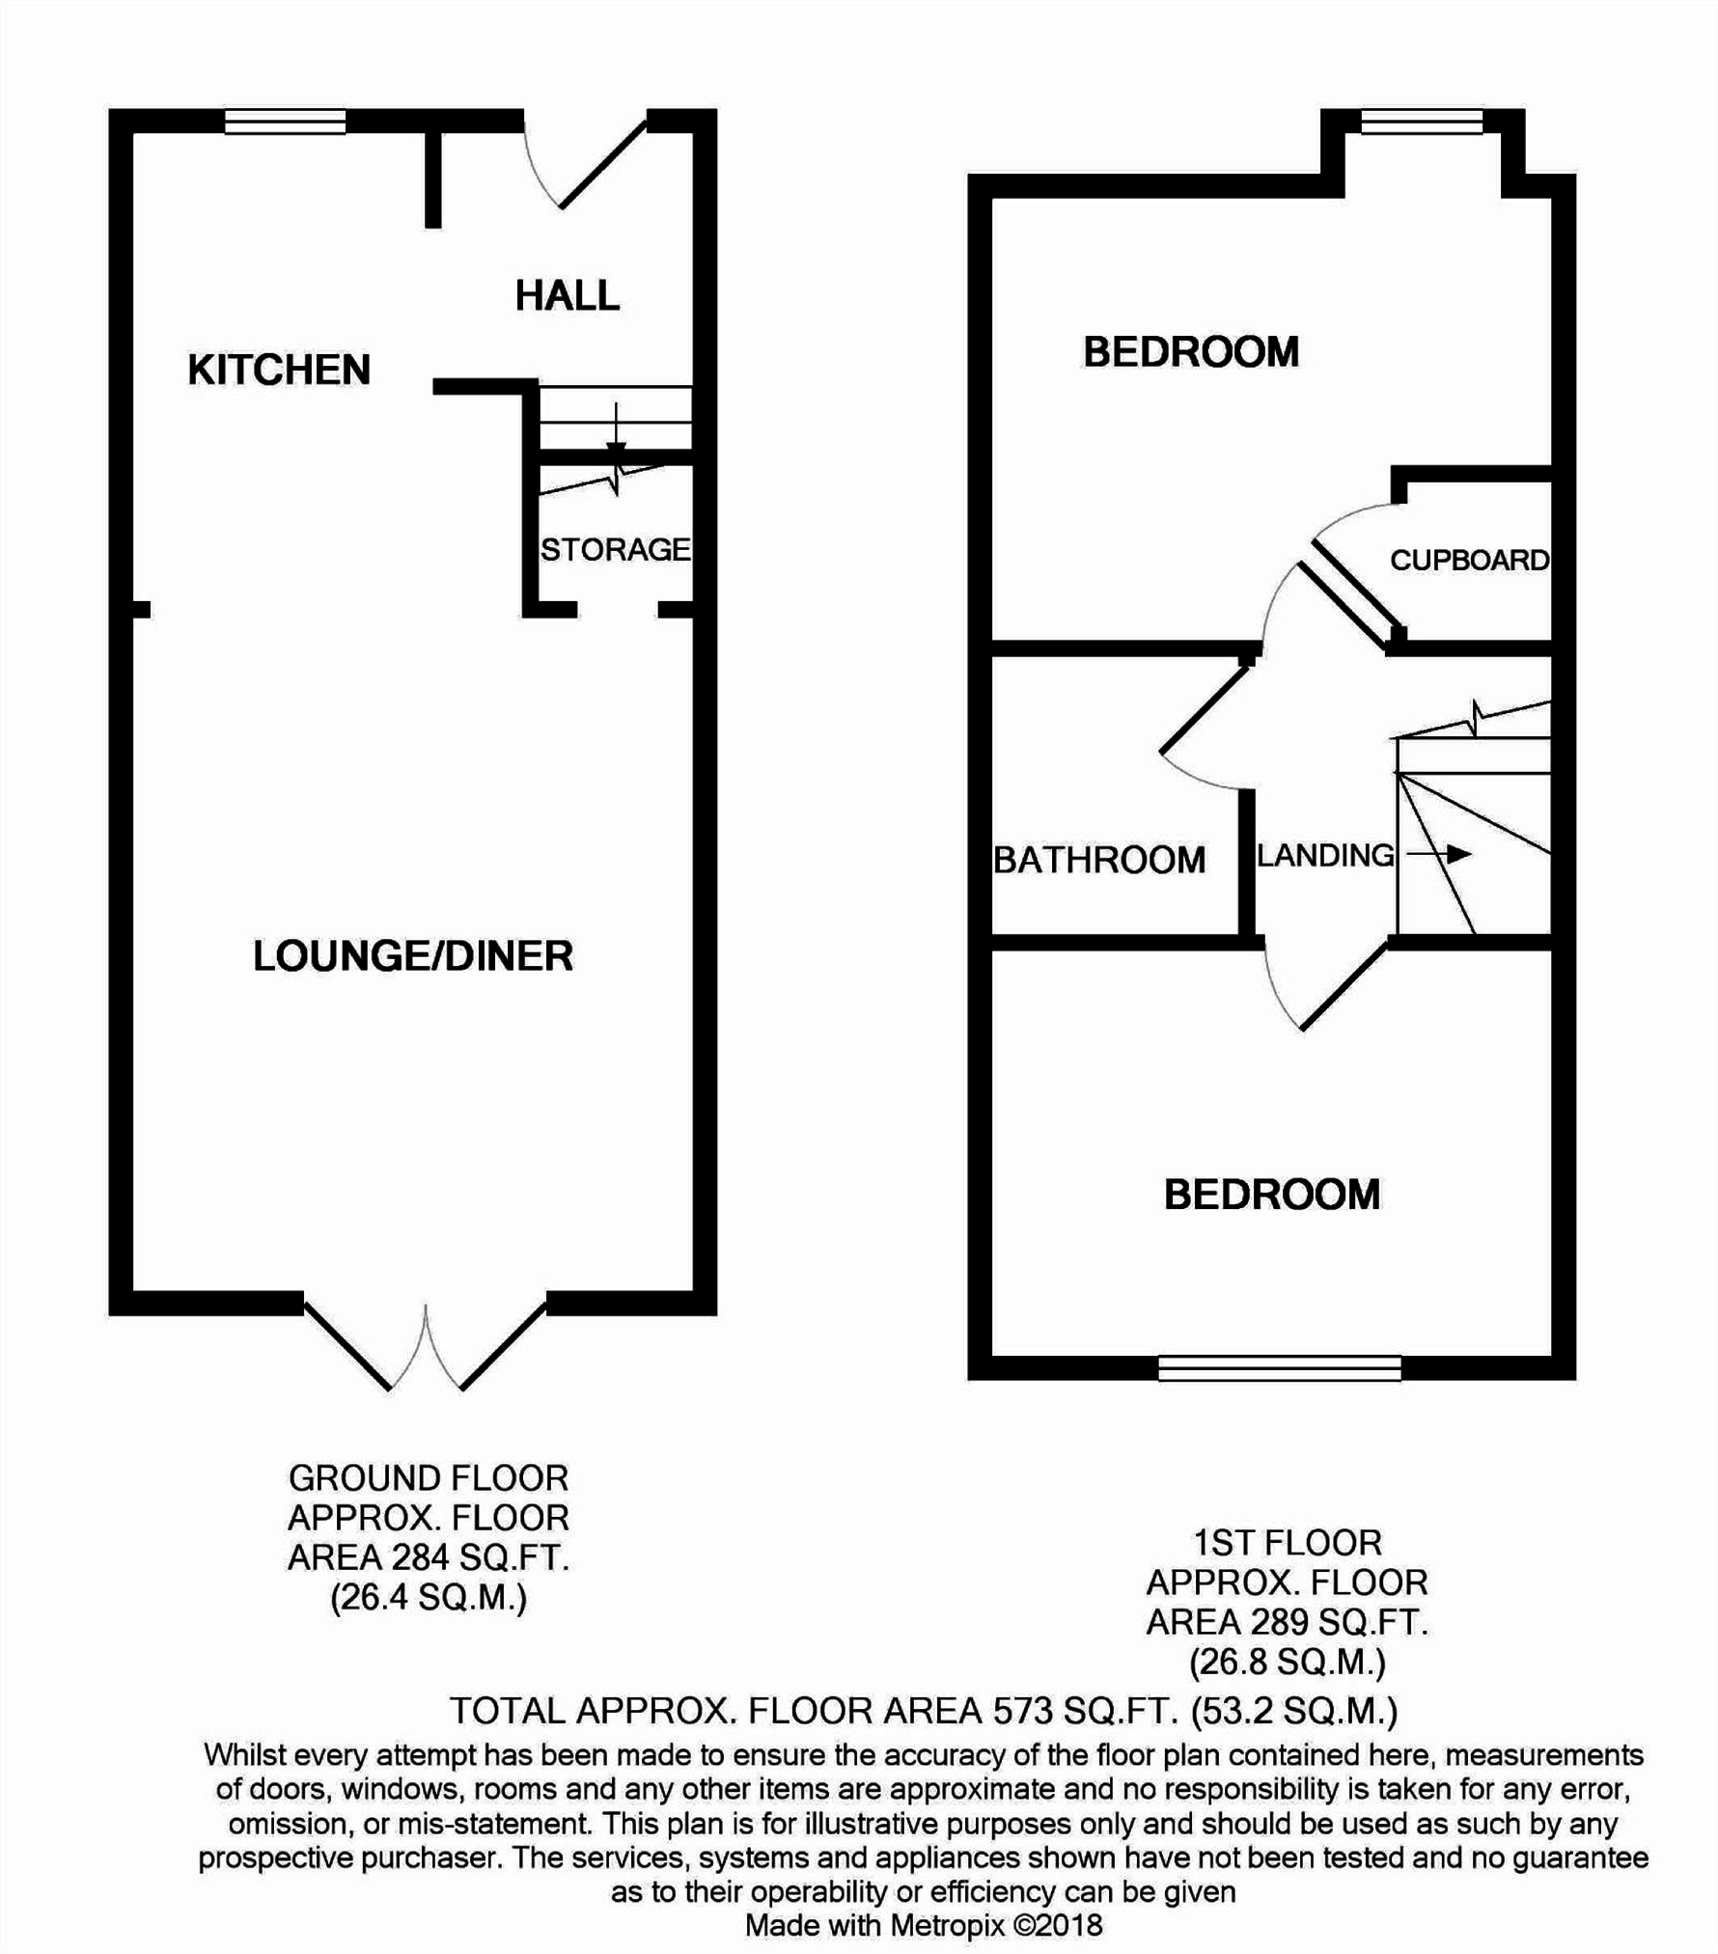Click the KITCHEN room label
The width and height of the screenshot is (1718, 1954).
(x=279, y=370)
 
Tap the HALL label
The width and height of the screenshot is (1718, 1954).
(x=567, y=295)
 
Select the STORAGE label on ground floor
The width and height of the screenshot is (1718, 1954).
(x=615, y=549)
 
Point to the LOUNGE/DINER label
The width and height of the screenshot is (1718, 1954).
(x=413, y=955)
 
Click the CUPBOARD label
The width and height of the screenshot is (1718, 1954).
(x=1469, y=560)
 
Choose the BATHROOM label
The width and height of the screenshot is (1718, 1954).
(x=1099, y=859)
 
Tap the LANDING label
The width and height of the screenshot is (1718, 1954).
(x=1325, y=854)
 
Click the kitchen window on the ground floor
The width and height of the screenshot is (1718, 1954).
(x=285, y=121)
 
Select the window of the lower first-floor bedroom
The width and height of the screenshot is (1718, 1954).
(x=1279, y=1367)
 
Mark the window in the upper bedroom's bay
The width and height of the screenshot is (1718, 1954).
(x=1421, y=121)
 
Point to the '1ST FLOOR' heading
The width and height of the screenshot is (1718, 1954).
(x=1287, y=1542)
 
